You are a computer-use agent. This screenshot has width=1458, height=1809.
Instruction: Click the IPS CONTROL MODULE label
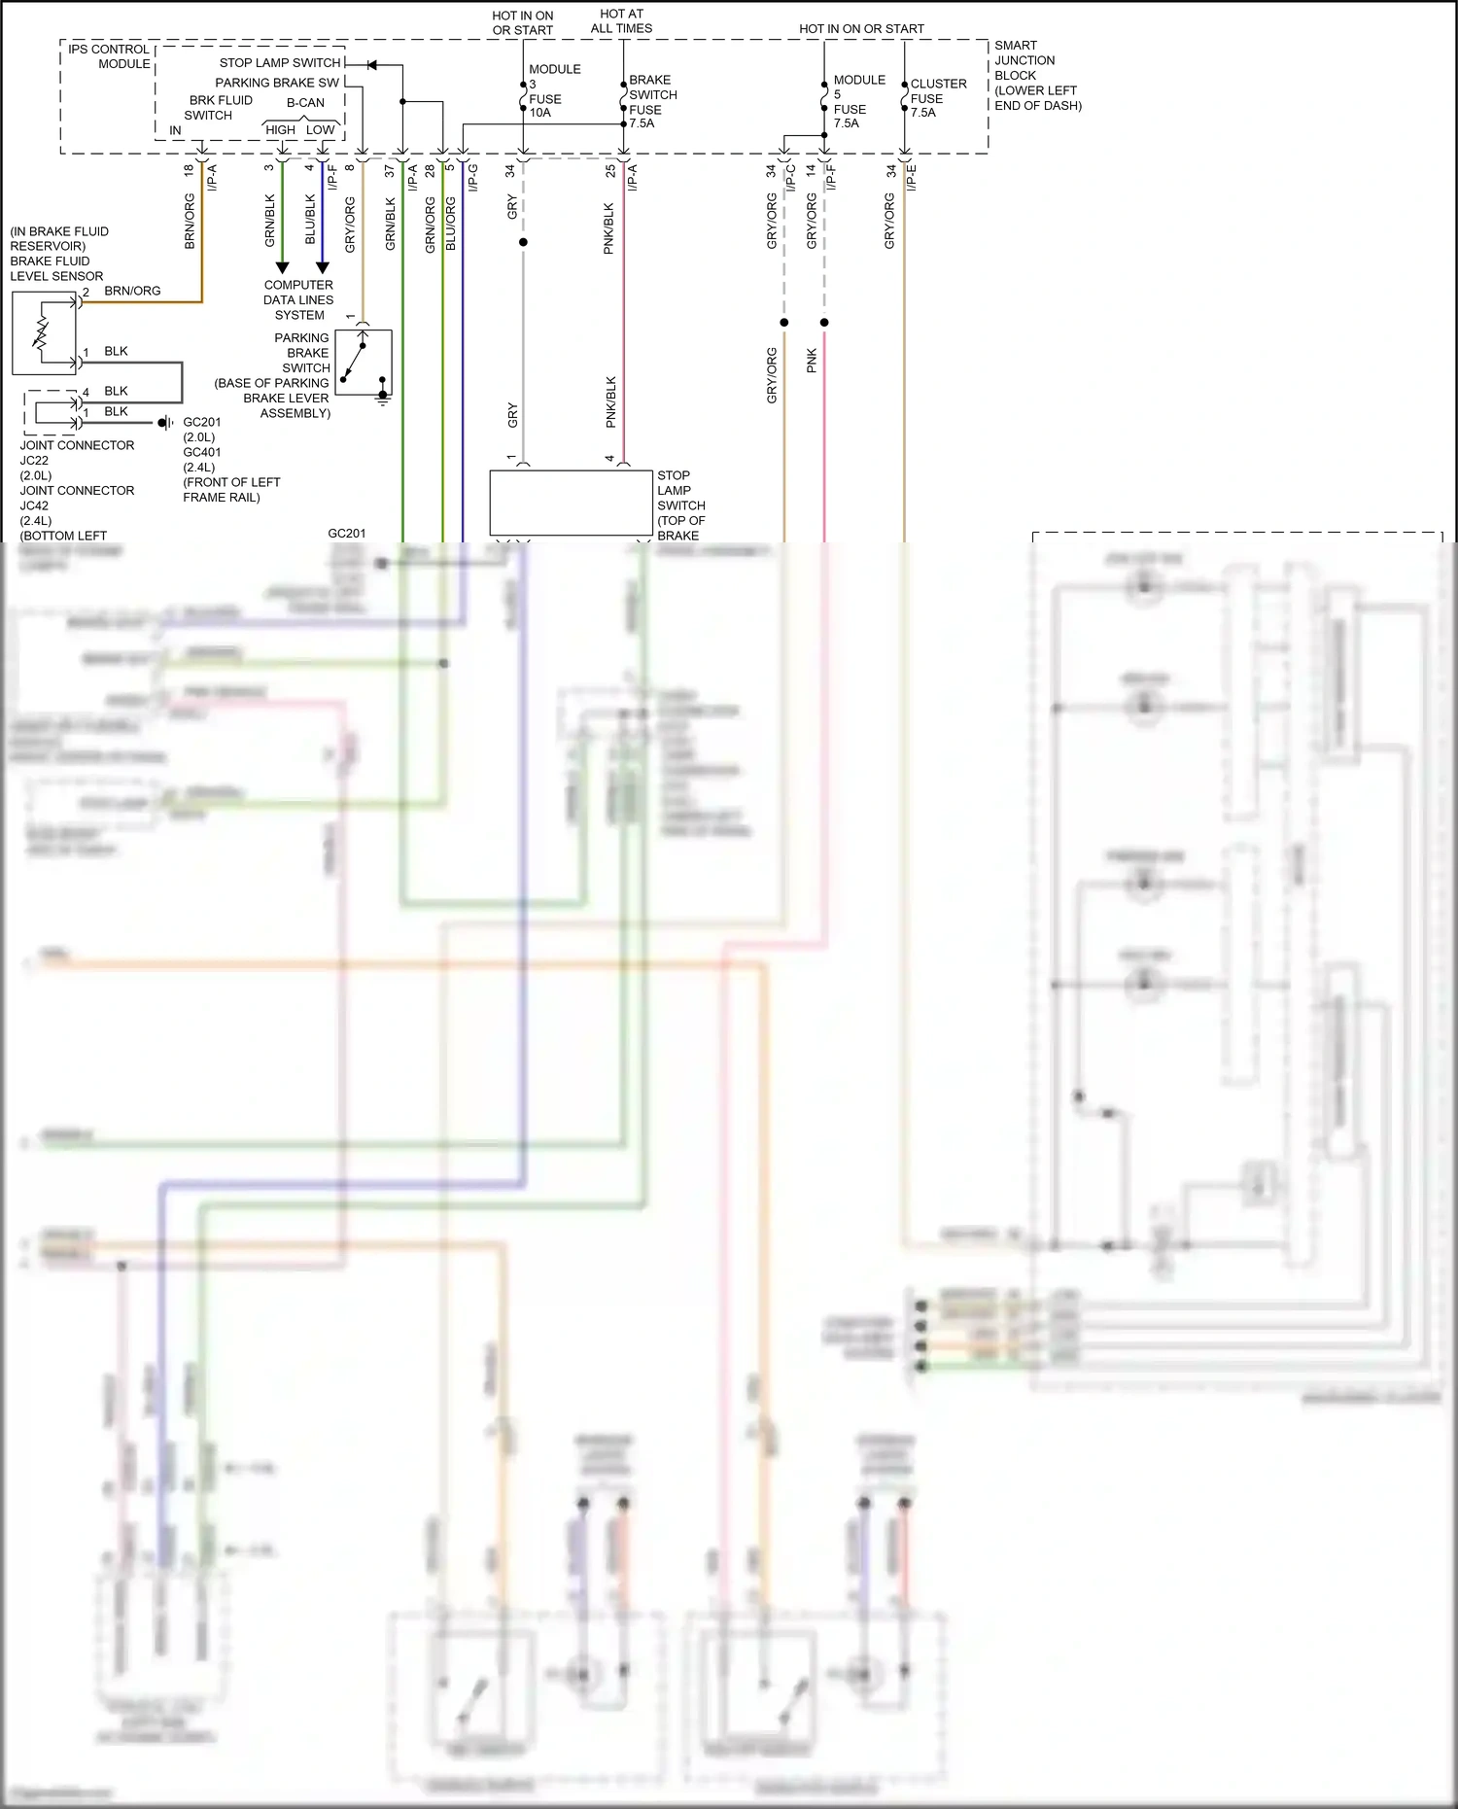click(x=109, y=56)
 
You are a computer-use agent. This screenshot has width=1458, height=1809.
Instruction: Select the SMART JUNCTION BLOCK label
click(x=1036, y=75)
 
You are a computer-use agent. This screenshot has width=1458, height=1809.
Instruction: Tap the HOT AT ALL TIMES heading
click(x=621, y=21)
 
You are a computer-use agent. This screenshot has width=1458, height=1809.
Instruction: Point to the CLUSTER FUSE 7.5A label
click(x=937, y=98)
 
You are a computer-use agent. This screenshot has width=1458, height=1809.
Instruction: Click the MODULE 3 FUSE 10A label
click(x=553, y=91)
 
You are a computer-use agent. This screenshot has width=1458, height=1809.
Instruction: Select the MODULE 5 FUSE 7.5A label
click(x=858, y=101)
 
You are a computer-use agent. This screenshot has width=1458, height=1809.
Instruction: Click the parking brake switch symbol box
click(x=364, y=363)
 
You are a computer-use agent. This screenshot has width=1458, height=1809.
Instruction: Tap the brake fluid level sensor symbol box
click(x=44, y=333)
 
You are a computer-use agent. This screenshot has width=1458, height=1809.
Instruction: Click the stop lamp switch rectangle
click(x=571, y=503)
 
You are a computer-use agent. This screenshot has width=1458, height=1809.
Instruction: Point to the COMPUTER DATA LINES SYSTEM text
click(x=298, y=300)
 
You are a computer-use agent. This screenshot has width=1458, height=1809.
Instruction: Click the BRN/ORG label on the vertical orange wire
click(x=191, y=222)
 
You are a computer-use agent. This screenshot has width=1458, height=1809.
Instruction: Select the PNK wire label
click(x=813, y=361)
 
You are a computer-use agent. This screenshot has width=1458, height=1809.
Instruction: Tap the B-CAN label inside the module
click(x=305, y=103)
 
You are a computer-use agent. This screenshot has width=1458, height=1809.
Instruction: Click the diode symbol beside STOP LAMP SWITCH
click(x=371, y=64)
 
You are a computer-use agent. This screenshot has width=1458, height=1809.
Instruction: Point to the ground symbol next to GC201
click(x=165, y=423)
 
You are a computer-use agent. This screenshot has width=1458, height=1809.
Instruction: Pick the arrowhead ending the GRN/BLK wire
click(x=283, y=267)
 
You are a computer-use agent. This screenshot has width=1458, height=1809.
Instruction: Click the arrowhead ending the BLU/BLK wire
click(x=323, y=267)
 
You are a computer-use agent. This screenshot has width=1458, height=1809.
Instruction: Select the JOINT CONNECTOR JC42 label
click(x=77, y=498)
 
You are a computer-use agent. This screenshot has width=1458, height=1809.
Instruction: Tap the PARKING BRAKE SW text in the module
click(x=277, y=84)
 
